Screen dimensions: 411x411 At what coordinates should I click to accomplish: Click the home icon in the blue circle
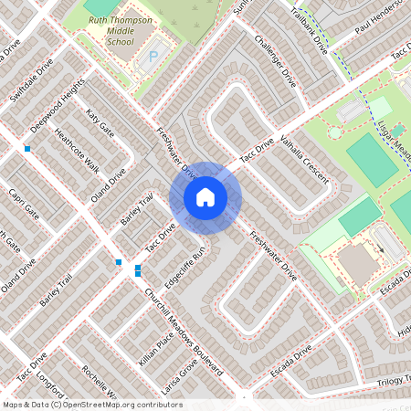(205, 197)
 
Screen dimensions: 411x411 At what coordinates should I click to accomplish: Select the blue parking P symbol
(153, 57)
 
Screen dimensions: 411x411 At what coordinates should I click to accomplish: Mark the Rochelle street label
(100, 381)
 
